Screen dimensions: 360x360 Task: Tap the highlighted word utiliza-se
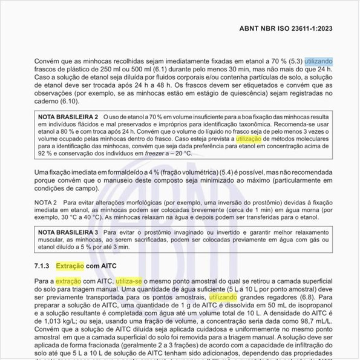(133, 281)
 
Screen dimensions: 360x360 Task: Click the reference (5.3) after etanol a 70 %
(293, 61)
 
